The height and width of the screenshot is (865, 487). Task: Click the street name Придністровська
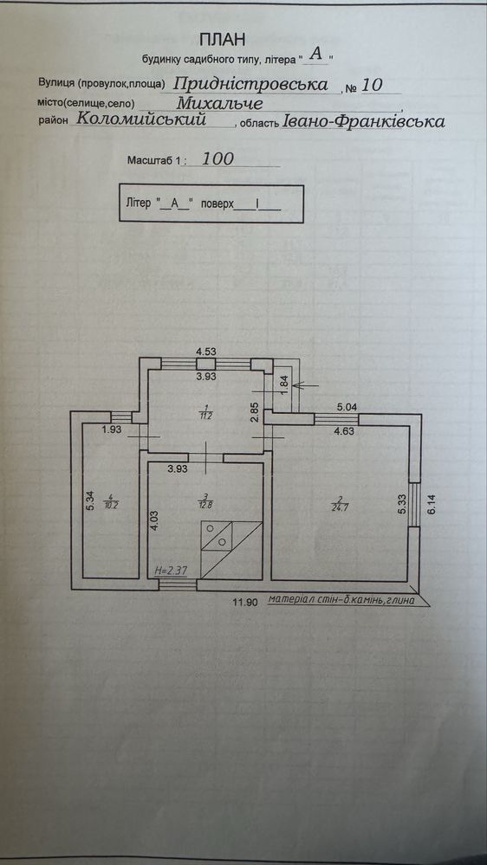[x=251, y=84]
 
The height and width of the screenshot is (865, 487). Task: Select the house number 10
[x=370, y=85]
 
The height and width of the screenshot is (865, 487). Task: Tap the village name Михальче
[x=220, y=103]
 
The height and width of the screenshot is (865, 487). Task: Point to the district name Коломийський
[x=142, y=119]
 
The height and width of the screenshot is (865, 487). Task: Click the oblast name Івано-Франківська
[x=363, y=121]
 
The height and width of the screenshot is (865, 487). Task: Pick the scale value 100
[x=218, y=159]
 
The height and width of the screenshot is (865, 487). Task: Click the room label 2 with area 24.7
[x=337, y=504]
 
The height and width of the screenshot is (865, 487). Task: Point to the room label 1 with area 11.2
[x=205, y=411]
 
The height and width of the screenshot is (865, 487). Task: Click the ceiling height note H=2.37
[x=170, y=571]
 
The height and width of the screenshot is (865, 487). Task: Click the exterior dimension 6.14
[x=432, y=505]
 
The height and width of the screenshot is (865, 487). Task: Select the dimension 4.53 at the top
[x=205, y=350]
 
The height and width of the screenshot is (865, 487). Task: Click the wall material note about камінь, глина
[x=341, y=600]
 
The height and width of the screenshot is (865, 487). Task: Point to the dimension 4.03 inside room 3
[x=154, y=520]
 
